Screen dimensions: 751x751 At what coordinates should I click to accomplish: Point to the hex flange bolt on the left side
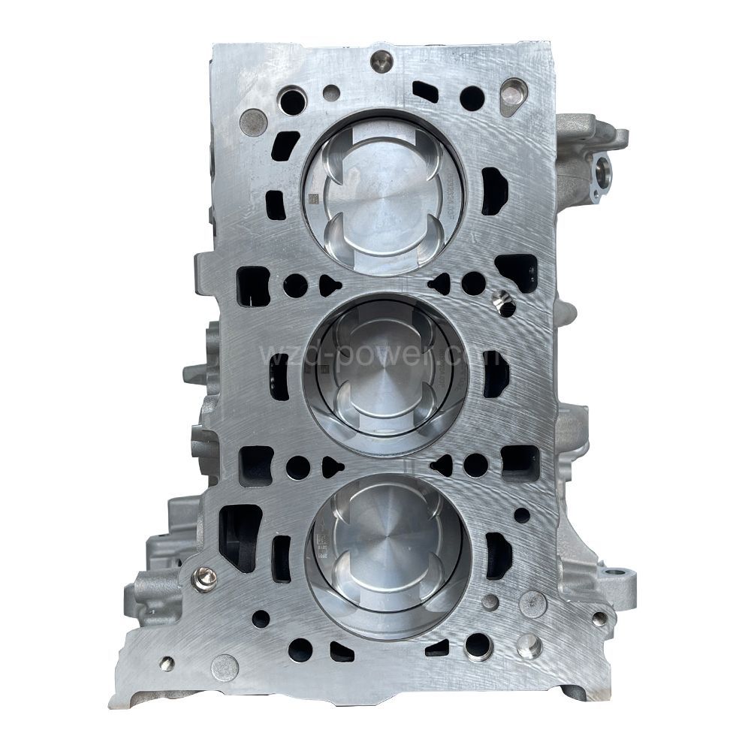pyautogui.click(x=205, y=577)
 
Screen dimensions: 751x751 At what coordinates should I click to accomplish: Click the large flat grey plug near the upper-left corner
pyautogui.click(x=254, y=120)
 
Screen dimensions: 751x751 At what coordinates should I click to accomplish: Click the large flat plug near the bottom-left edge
pyautogui.click(x=225, y=665)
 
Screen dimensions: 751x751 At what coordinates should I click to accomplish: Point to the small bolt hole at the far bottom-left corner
pyautogui.click(x=167, y=662)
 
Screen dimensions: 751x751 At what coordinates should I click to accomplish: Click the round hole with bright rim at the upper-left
pyautogui.click(x=292, y=101)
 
